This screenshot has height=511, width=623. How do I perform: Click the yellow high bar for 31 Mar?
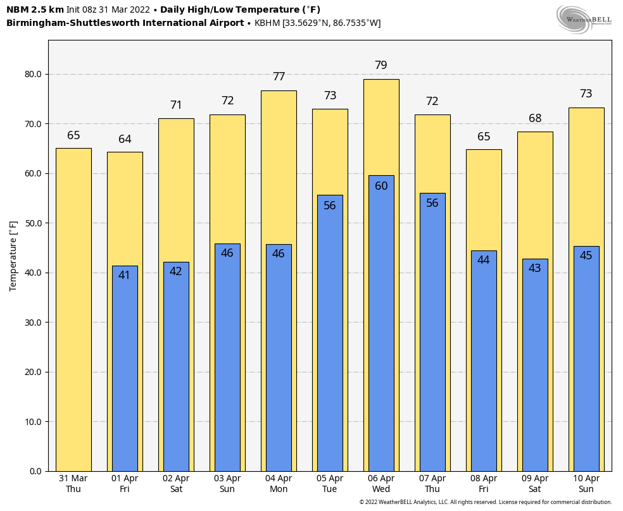point(73,309)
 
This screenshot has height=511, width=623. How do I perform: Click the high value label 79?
point(381,65)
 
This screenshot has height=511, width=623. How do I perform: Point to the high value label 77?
point(279,77)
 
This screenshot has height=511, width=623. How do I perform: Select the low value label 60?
point(381,186)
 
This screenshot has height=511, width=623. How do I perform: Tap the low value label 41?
point(124,275)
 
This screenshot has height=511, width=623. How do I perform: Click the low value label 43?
point(535,268)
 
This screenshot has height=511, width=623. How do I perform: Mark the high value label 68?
point(535,118)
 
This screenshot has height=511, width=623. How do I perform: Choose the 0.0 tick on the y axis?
point(35,471)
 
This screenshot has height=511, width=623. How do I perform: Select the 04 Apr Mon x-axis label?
point(279,484)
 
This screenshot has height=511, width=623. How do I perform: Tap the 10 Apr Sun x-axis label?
point(586,484)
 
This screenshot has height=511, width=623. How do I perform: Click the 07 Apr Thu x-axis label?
point(432,484)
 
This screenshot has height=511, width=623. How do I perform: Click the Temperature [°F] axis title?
point(13,255)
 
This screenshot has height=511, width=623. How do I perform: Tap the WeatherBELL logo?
point(584,19)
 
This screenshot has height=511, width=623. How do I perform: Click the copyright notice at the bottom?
point(485,502)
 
